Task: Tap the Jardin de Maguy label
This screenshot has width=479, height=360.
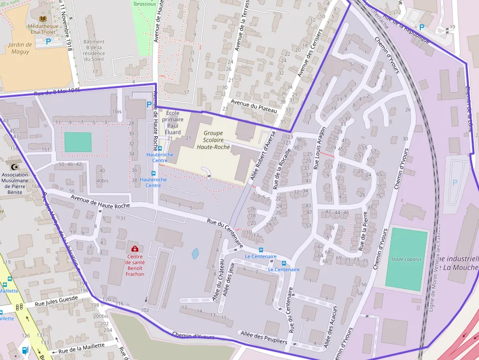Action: coord(20,48)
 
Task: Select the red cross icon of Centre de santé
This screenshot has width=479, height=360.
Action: coord(135,249)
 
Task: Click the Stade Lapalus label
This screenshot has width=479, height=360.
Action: coord(406,259)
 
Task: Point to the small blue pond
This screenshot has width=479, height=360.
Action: coord(196,254)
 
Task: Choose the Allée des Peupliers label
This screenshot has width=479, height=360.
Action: coord(263,337)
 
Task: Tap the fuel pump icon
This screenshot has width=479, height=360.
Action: coord(25,350)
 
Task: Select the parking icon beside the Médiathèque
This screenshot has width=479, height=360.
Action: coord(48,42)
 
